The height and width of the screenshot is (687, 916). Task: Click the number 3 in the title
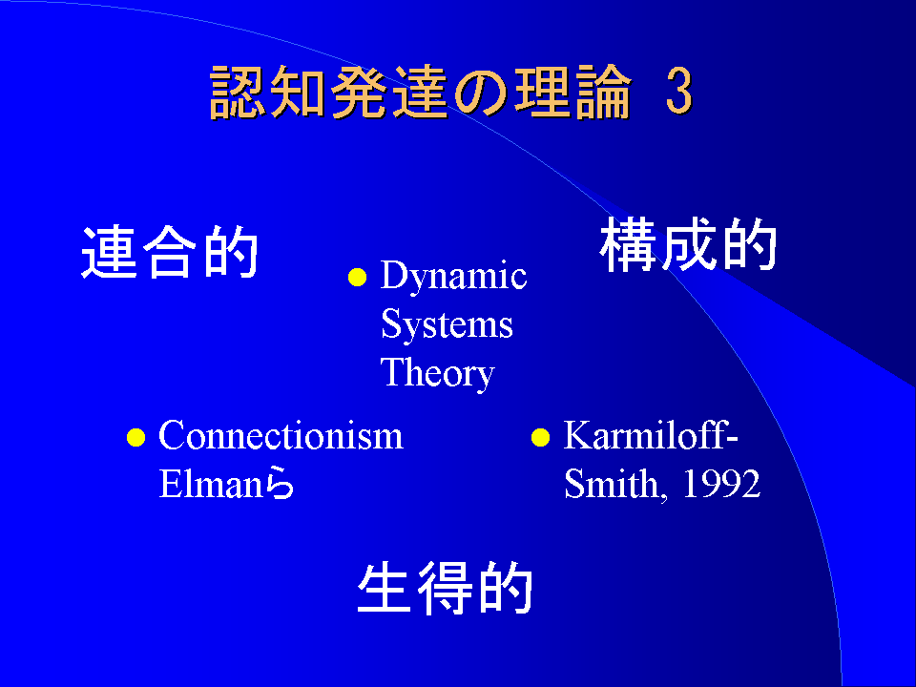[679, 91]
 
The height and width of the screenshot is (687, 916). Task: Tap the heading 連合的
[170, 252]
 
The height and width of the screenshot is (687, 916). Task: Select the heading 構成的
[688, 244]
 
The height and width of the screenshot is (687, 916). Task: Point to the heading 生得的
[445, 588]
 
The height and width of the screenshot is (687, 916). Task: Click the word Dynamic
[453, 277]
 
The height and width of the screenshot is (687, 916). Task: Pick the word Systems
[447, 323]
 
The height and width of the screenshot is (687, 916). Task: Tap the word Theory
[438, 374]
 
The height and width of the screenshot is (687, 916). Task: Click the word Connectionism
[281, 435]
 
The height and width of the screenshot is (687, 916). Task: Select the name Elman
[211, 484]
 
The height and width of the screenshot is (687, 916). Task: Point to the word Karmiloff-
[651, 435]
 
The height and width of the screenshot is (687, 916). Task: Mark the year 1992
[721, 484]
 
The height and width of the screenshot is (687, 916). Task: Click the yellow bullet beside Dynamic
[357, 278]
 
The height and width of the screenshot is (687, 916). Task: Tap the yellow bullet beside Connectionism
[135, 437]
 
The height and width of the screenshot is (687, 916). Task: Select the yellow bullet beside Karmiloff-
[540, 437]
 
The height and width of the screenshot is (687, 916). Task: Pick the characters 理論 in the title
[573, 92]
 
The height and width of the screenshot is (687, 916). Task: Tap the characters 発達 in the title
[389, 92]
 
